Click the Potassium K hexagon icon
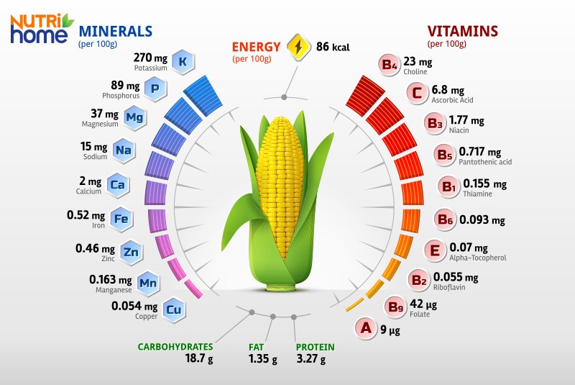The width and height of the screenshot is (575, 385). coord(183,63)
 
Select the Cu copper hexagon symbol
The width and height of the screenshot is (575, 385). coord(172,309)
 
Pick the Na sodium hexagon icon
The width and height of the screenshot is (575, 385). coord(124,150)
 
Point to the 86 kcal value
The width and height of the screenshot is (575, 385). coord(333,47)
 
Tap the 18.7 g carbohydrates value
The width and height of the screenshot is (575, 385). coord(200,358)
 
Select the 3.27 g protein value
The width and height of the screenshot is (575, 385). coord(314,358)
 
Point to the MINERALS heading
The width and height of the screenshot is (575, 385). coord(115,31)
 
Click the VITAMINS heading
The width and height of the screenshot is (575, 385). coord(462,31)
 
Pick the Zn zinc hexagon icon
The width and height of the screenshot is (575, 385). coord(130,251)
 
